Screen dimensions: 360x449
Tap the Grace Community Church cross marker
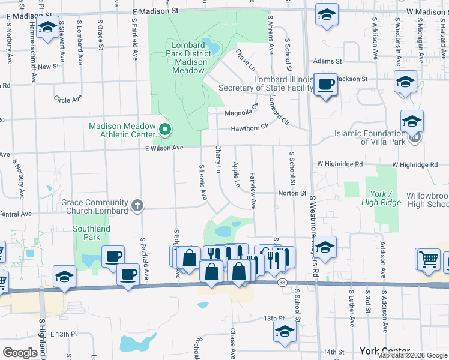pyautogui.click(x=137, y=206)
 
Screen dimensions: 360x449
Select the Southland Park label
pyautogui.click(x=91, y=233)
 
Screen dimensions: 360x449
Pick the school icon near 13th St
pyautogui.click(x=285, y=331)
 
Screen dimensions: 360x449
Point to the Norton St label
pyautogui.click(x=292, y=193)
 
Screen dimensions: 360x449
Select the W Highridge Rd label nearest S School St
pyautogui.click(x=340, y=163)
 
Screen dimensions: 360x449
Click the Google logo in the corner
pyautogui.click(x=20, y=352)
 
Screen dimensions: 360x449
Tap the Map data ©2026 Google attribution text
pyautogui.click(x=411, y=355)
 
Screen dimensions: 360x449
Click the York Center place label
pyautogui.click(x=384, y=351)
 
